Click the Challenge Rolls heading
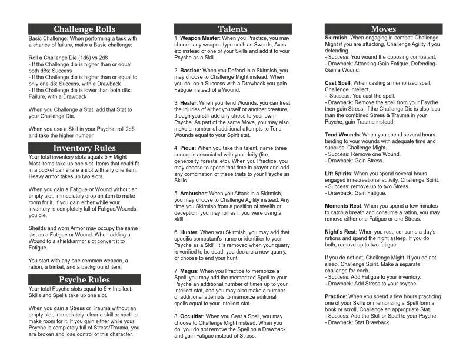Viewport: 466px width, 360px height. pyautogui.click(x=84, y=29)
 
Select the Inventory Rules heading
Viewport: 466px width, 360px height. pyautogui.click(x=84, y=148)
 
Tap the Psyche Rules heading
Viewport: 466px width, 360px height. pyautogui.click(x=84, y=279)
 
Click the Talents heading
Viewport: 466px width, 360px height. pyautogui.click(x=232, y=29)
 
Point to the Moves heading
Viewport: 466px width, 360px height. pyautogui.click(x=383, y=29)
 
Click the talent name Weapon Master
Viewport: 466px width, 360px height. pyautogui.click(x=200, y=38)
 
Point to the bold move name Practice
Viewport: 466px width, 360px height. pyautogui.click(x=335, y=296)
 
